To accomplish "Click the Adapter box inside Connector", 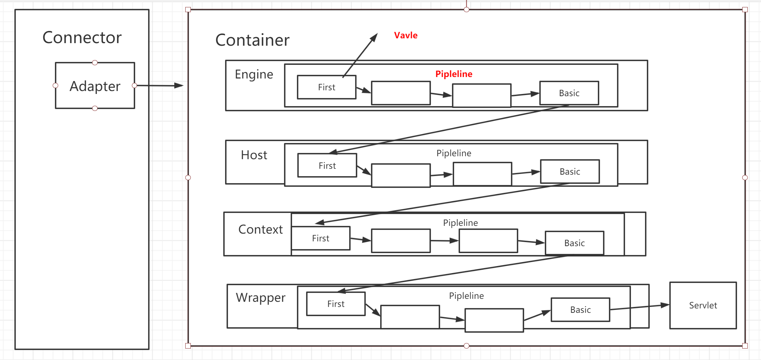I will click(95, 86).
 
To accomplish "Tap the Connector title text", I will click(82, 37).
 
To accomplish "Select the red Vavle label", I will click(406, 35).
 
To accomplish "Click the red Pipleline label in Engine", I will click(453, 74).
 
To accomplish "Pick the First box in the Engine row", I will click(326, 87).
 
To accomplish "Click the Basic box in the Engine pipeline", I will click(569, 93).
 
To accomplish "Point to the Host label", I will click(254, 155).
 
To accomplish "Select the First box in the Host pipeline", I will click(327, 165).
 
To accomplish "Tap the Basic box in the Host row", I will click(569, 171).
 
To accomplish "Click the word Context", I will click(260, 230).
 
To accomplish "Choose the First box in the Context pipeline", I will click(320, 238).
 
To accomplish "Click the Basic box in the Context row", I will click(574, 243).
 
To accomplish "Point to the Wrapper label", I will click(260, 298).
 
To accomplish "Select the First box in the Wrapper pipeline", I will click(336, 304).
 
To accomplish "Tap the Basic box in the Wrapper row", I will click(580, 310).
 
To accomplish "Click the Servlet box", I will click(703, 305).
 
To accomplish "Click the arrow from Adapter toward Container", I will click(158, 85).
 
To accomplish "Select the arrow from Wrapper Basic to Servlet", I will click(639, 307).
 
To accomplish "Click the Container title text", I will click(252, 40).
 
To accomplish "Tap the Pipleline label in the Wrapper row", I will click(466, 296).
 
